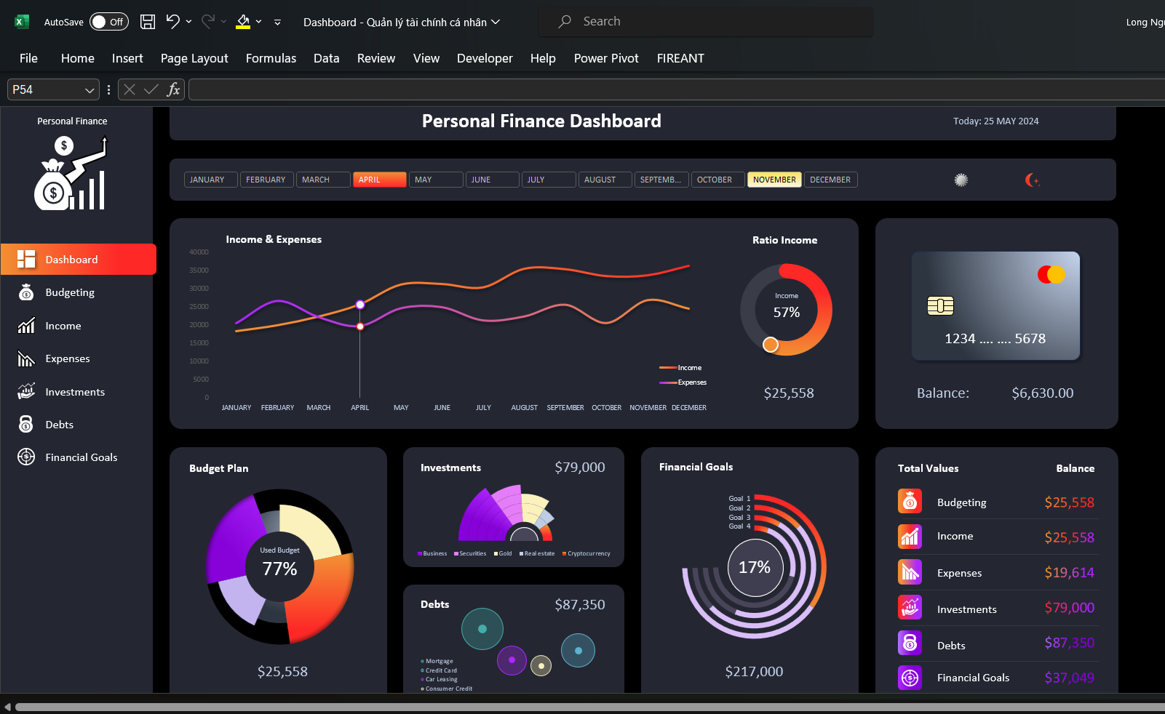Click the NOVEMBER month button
point(774,180)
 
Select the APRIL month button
point(379,180)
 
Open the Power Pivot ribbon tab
point(605,58)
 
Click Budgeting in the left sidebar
point(70,292)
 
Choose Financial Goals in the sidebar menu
point(81,457)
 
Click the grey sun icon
point(961,180)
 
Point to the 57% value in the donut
point(786,313)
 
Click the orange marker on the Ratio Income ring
point(771,345)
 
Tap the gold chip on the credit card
point(940,306)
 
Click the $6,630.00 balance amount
point(1042,393)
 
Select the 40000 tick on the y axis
point(199,252)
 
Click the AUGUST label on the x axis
point(524,408)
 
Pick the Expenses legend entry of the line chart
point(691,382)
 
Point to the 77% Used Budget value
point(280,569)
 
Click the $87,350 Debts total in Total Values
point(1069,643)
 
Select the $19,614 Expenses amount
point(1069,573)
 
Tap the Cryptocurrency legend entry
point(588,554)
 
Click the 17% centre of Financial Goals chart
point(755,568)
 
